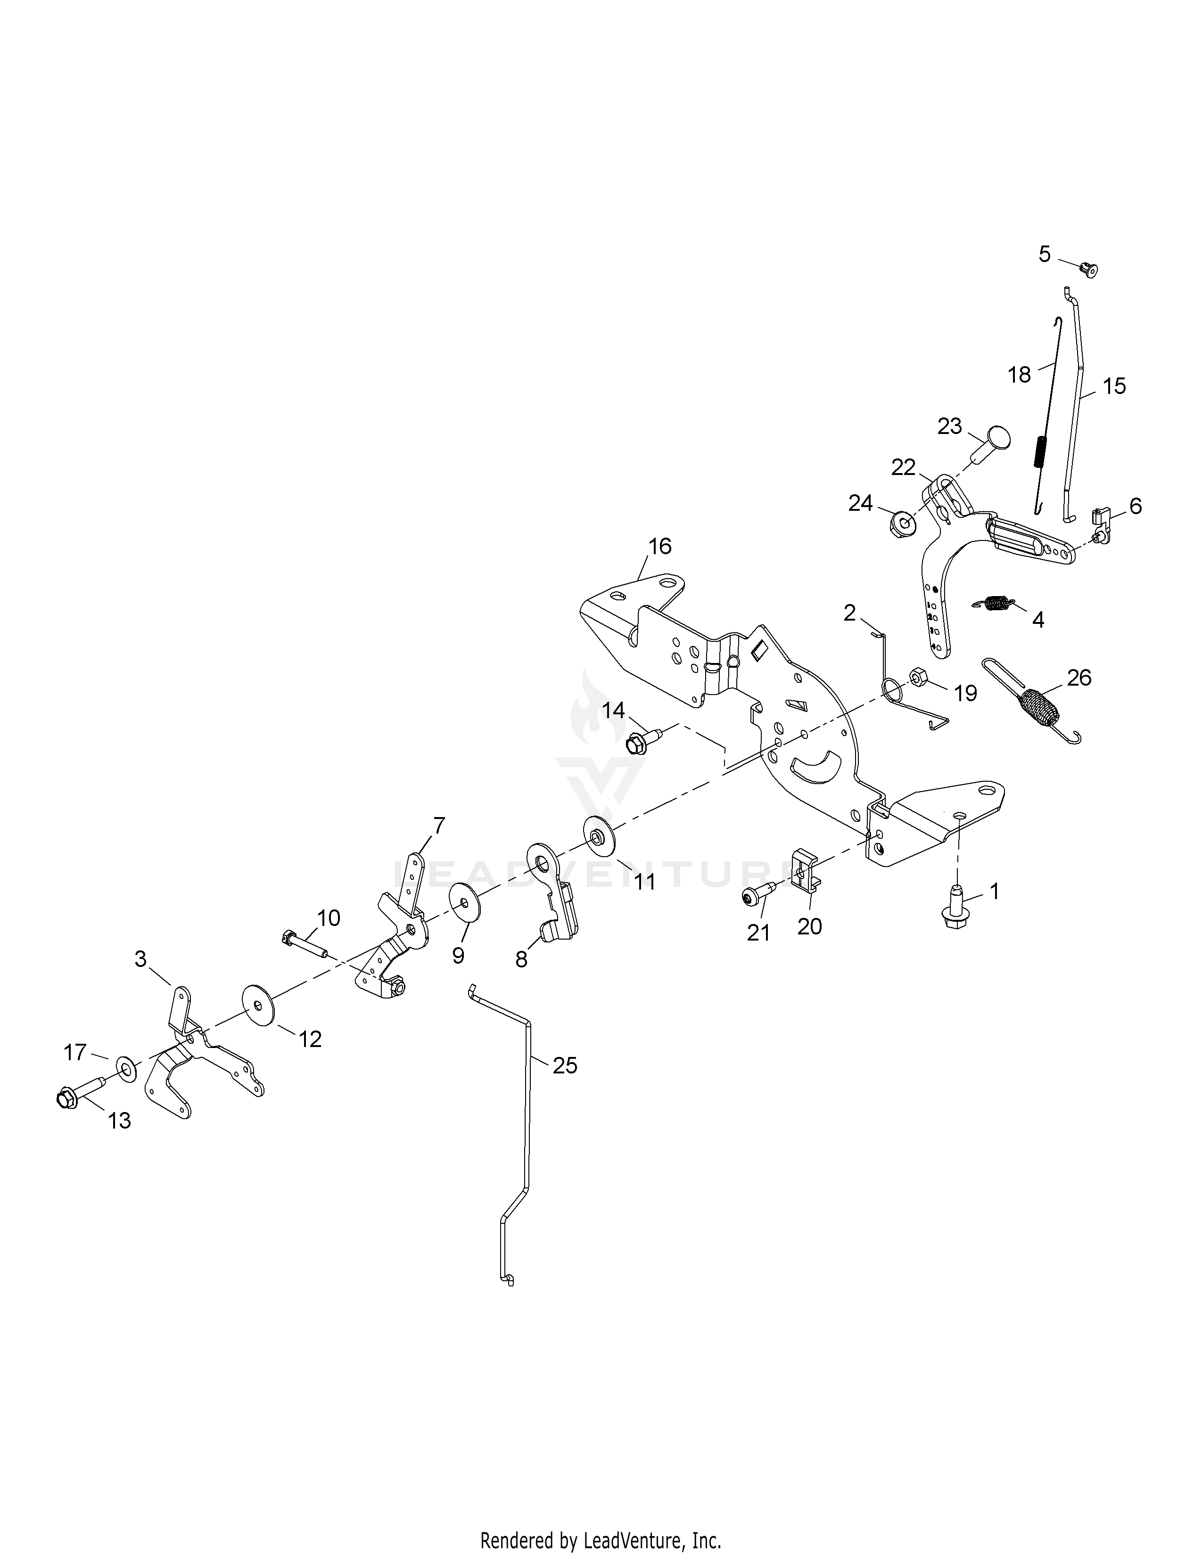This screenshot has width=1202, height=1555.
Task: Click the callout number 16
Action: (659, 546)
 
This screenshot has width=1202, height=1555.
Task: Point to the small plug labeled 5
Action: (1088, 270)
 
